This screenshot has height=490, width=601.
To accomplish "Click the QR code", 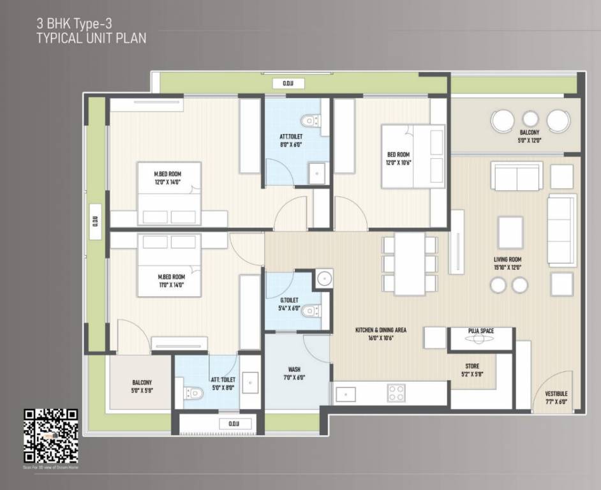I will pyautogui.click(x=51, y=436).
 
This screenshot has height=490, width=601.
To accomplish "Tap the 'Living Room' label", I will pyautogui.click(x=508, y=260).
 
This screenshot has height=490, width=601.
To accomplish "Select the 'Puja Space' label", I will pyautogui.click(x=480, y=330).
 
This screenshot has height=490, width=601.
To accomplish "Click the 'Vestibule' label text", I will pyautogui.click(x=556, y=394).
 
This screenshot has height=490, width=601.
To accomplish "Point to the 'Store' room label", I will pyautogui.click(x=472, y=366).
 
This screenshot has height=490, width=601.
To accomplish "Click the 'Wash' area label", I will pyautogui.click(x=294, y=369).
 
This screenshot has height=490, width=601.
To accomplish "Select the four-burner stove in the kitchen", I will pyautogui.click(x=396, y=392).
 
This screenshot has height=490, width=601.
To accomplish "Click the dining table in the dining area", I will pyautogui.click(x=410, y=264).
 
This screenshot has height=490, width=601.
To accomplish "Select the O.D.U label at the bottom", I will pyautogui.click(x=228, y=424).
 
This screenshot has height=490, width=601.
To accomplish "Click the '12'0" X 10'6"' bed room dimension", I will pyautogui.click(x=398, y=163).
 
